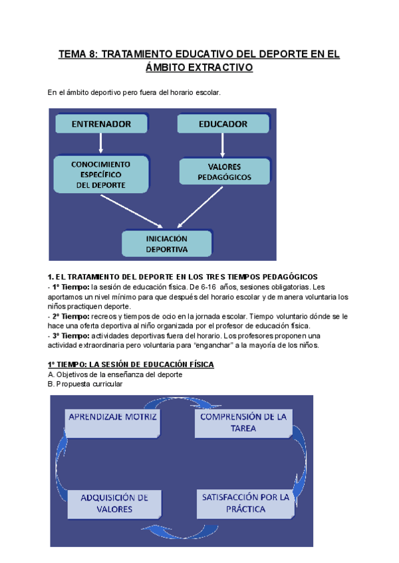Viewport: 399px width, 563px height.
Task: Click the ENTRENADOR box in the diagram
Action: click(101, 123)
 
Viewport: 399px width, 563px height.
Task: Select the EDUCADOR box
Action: click(223, 123)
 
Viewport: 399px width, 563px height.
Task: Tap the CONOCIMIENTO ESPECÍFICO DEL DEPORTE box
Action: click(101, 174)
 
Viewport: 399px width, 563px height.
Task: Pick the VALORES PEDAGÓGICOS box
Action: click(224, 172)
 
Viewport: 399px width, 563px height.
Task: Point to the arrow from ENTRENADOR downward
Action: click(101, 143)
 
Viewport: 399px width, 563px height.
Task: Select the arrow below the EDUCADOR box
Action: click(224, 144)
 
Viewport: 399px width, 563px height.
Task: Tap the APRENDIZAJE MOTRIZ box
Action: click(112, 416)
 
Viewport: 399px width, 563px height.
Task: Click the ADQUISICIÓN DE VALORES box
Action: click(114, 503)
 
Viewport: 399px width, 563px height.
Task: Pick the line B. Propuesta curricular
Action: click(85, 384)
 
